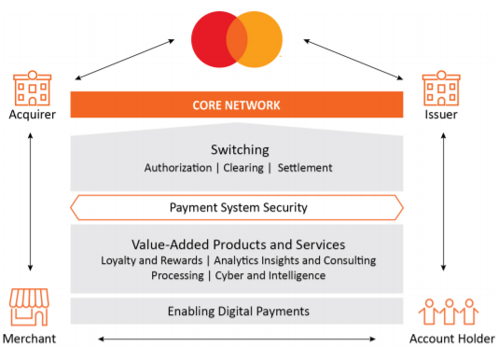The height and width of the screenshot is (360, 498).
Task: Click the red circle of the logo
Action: pos(213,40)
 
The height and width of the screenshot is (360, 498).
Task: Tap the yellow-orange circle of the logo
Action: pos(262,40)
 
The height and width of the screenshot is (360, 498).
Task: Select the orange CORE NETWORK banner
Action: pos(237,104)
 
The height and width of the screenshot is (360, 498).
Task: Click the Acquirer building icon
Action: pos(33,88)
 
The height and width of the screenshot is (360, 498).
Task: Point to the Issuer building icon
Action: pos(441,88)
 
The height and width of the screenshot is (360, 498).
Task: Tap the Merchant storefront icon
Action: pos(29,309)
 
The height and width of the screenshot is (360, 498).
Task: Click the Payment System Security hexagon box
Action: pos(237,207)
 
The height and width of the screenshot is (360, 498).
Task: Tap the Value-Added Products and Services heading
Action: pos(238,243)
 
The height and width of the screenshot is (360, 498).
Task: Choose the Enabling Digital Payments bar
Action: pos(238,311)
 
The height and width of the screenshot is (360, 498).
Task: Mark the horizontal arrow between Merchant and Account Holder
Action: pos(238,339)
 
